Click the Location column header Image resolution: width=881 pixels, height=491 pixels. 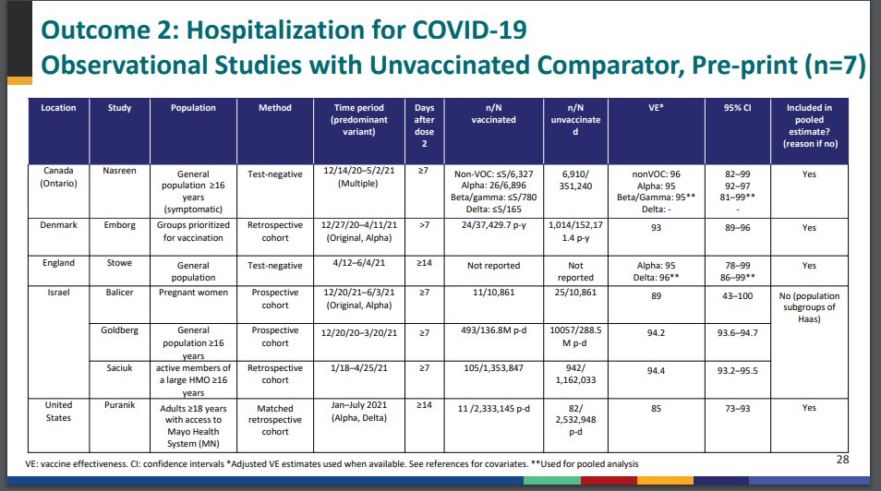[58, 108]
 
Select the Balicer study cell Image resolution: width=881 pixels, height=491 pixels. [120, 291]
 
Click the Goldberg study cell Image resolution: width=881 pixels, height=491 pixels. [120, 330]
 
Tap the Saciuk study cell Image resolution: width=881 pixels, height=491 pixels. [120, 368]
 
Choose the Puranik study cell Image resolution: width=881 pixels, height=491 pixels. [120, 406]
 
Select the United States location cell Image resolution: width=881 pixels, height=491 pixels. [58, 413]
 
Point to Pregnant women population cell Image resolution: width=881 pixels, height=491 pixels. [194, 291]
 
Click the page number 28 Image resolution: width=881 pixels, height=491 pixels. [841, 459]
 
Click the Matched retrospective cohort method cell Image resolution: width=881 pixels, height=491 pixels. [275, 419]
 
